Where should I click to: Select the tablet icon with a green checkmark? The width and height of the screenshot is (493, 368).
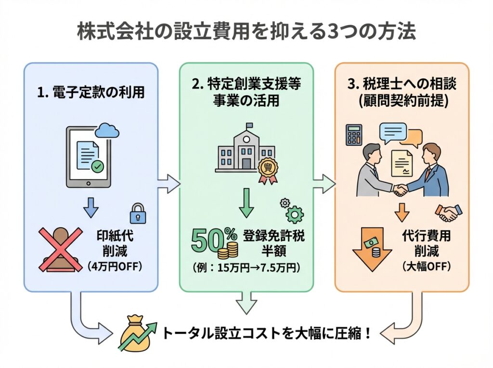(x=88, y=157)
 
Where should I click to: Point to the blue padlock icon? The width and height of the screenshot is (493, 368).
(x=138, y=213)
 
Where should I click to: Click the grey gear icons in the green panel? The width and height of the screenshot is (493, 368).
(x=291, y=208)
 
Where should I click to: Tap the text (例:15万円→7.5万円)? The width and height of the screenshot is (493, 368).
(x=246, y=268)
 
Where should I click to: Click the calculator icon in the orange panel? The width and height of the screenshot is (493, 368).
(x=354, y=135)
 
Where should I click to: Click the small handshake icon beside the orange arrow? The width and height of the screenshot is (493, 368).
(x=448, y=212)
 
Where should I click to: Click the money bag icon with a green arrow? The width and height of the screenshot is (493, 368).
(x=137, y=332)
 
